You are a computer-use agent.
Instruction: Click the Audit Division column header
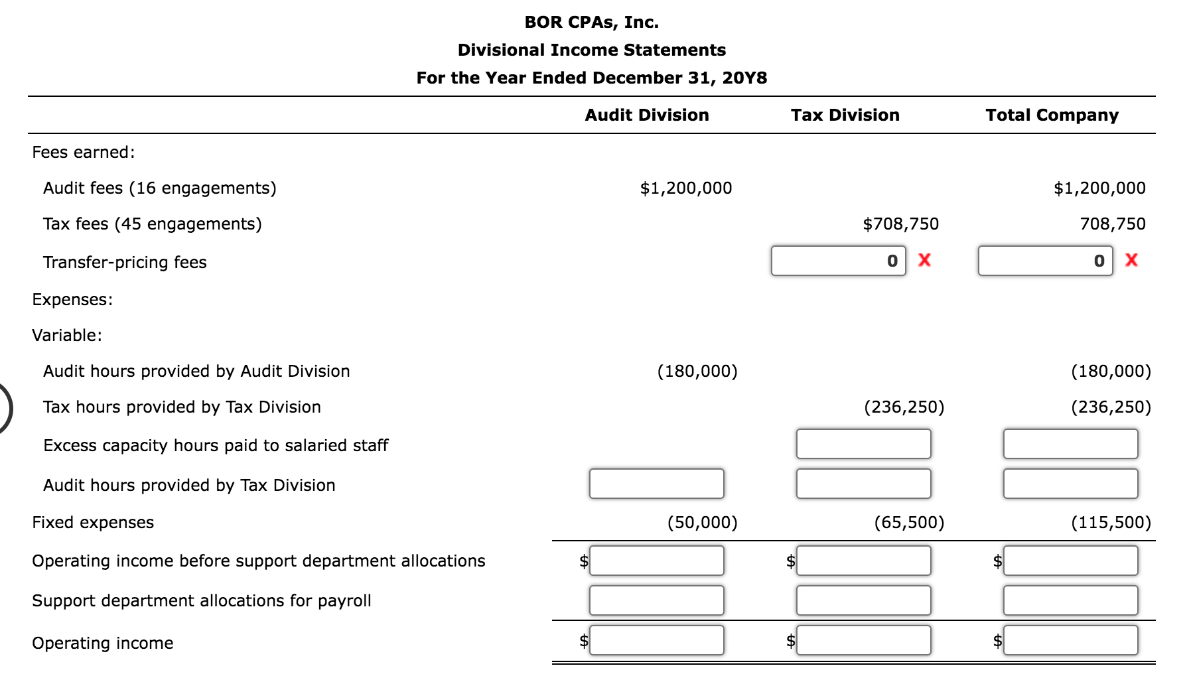point(646,115)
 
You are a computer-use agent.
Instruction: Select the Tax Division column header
point(845,115)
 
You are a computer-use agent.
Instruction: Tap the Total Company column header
point(1052,115)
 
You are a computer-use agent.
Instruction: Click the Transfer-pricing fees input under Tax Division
point(838,261)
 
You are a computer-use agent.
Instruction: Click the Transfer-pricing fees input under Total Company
point(1045,261)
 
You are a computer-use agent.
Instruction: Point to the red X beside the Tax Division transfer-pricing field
point(924,260)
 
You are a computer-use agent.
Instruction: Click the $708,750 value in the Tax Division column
point(900,224)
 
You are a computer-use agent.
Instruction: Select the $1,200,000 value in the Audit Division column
point(685,188)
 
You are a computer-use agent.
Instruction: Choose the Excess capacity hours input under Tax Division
point(863,444)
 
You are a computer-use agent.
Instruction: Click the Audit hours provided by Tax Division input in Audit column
point(656,484)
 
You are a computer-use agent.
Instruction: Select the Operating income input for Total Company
point(1070,640)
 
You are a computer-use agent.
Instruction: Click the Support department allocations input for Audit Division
point(656,600)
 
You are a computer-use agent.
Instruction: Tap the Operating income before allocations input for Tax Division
point(863,561)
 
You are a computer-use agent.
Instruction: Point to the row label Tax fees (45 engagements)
point(152,224)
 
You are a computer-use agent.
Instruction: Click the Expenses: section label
point(72,299)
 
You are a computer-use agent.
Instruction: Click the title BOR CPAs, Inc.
point(591,22)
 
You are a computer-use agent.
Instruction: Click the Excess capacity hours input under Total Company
point(1070,444)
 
